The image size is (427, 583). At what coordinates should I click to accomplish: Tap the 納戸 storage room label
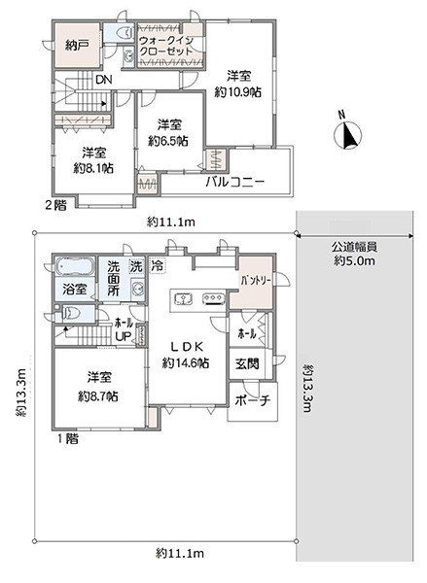[x=76, y=46]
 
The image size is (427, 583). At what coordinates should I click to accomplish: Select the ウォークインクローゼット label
[x=166, y=46]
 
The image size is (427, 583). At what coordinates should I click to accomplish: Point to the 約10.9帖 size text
[x=238, y=92]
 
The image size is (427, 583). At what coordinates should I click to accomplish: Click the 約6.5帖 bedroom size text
[x=168, y=141]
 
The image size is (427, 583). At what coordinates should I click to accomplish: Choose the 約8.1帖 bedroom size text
[x=93, y=168]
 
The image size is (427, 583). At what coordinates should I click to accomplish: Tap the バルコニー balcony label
[x=235, y=183]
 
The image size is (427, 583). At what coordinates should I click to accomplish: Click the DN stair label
[x=103, y=80]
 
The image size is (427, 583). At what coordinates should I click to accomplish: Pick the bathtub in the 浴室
[x=73, y=267]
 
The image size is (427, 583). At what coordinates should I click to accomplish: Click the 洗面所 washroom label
[x=114, y=279]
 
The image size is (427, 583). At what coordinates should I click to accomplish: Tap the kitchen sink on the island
[x=183, y=298]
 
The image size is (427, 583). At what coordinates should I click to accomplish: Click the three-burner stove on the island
[x=213, y=298]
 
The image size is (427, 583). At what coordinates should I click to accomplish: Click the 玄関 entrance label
[x=247, y=363]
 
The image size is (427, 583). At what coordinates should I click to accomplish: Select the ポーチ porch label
[x=252, y=400]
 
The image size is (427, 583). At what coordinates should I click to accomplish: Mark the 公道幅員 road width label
[x=354, y=247]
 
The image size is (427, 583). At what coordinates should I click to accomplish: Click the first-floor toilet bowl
[x=72, y=314]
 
